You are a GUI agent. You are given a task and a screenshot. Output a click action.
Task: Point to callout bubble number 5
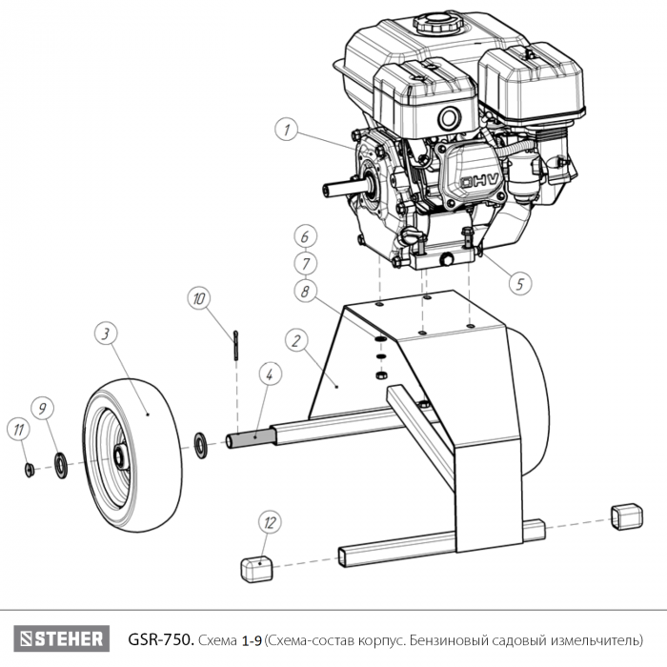tap(519, 282)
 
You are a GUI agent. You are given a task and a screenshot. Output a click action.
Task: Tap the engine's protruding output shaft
tap(335, 187)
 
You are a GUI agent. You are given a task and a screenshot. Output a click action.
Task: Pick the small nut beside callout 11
tap(30, 468)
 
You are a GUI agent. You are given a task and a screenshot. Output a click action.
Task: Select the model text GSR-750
tap(161, 637)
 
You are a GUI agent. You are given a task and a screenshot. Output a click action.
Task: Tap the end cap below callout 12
tap(256, 569)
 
